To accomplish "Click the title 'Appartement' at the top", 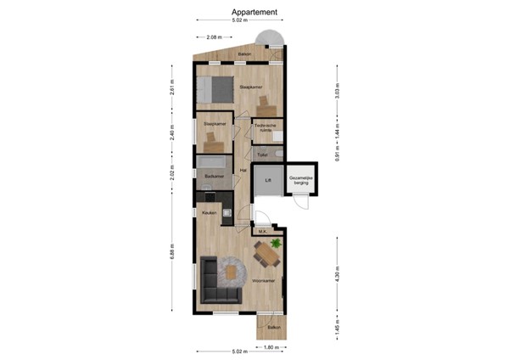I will tap(254, 12).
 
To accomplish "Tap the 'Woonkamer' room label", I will tap(262, 280).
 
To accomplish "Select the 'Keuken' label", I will tap(210, 212).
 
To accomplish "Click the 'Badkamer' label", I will tap(214, 176).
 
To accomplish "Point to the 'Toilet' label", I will tap(263, 155).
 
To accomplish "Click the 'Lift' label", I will tap(268, 180).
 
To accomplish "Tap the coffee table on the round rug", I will tap(232, 273).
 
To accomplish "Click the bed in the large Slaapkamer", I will tap(215, 87).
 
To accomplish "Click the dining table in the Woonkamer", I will tap(267, 254).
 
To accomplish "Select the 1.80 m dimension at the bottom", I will tap(269, 347).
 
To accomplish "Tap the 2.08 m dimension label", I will tap(214, 37).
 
